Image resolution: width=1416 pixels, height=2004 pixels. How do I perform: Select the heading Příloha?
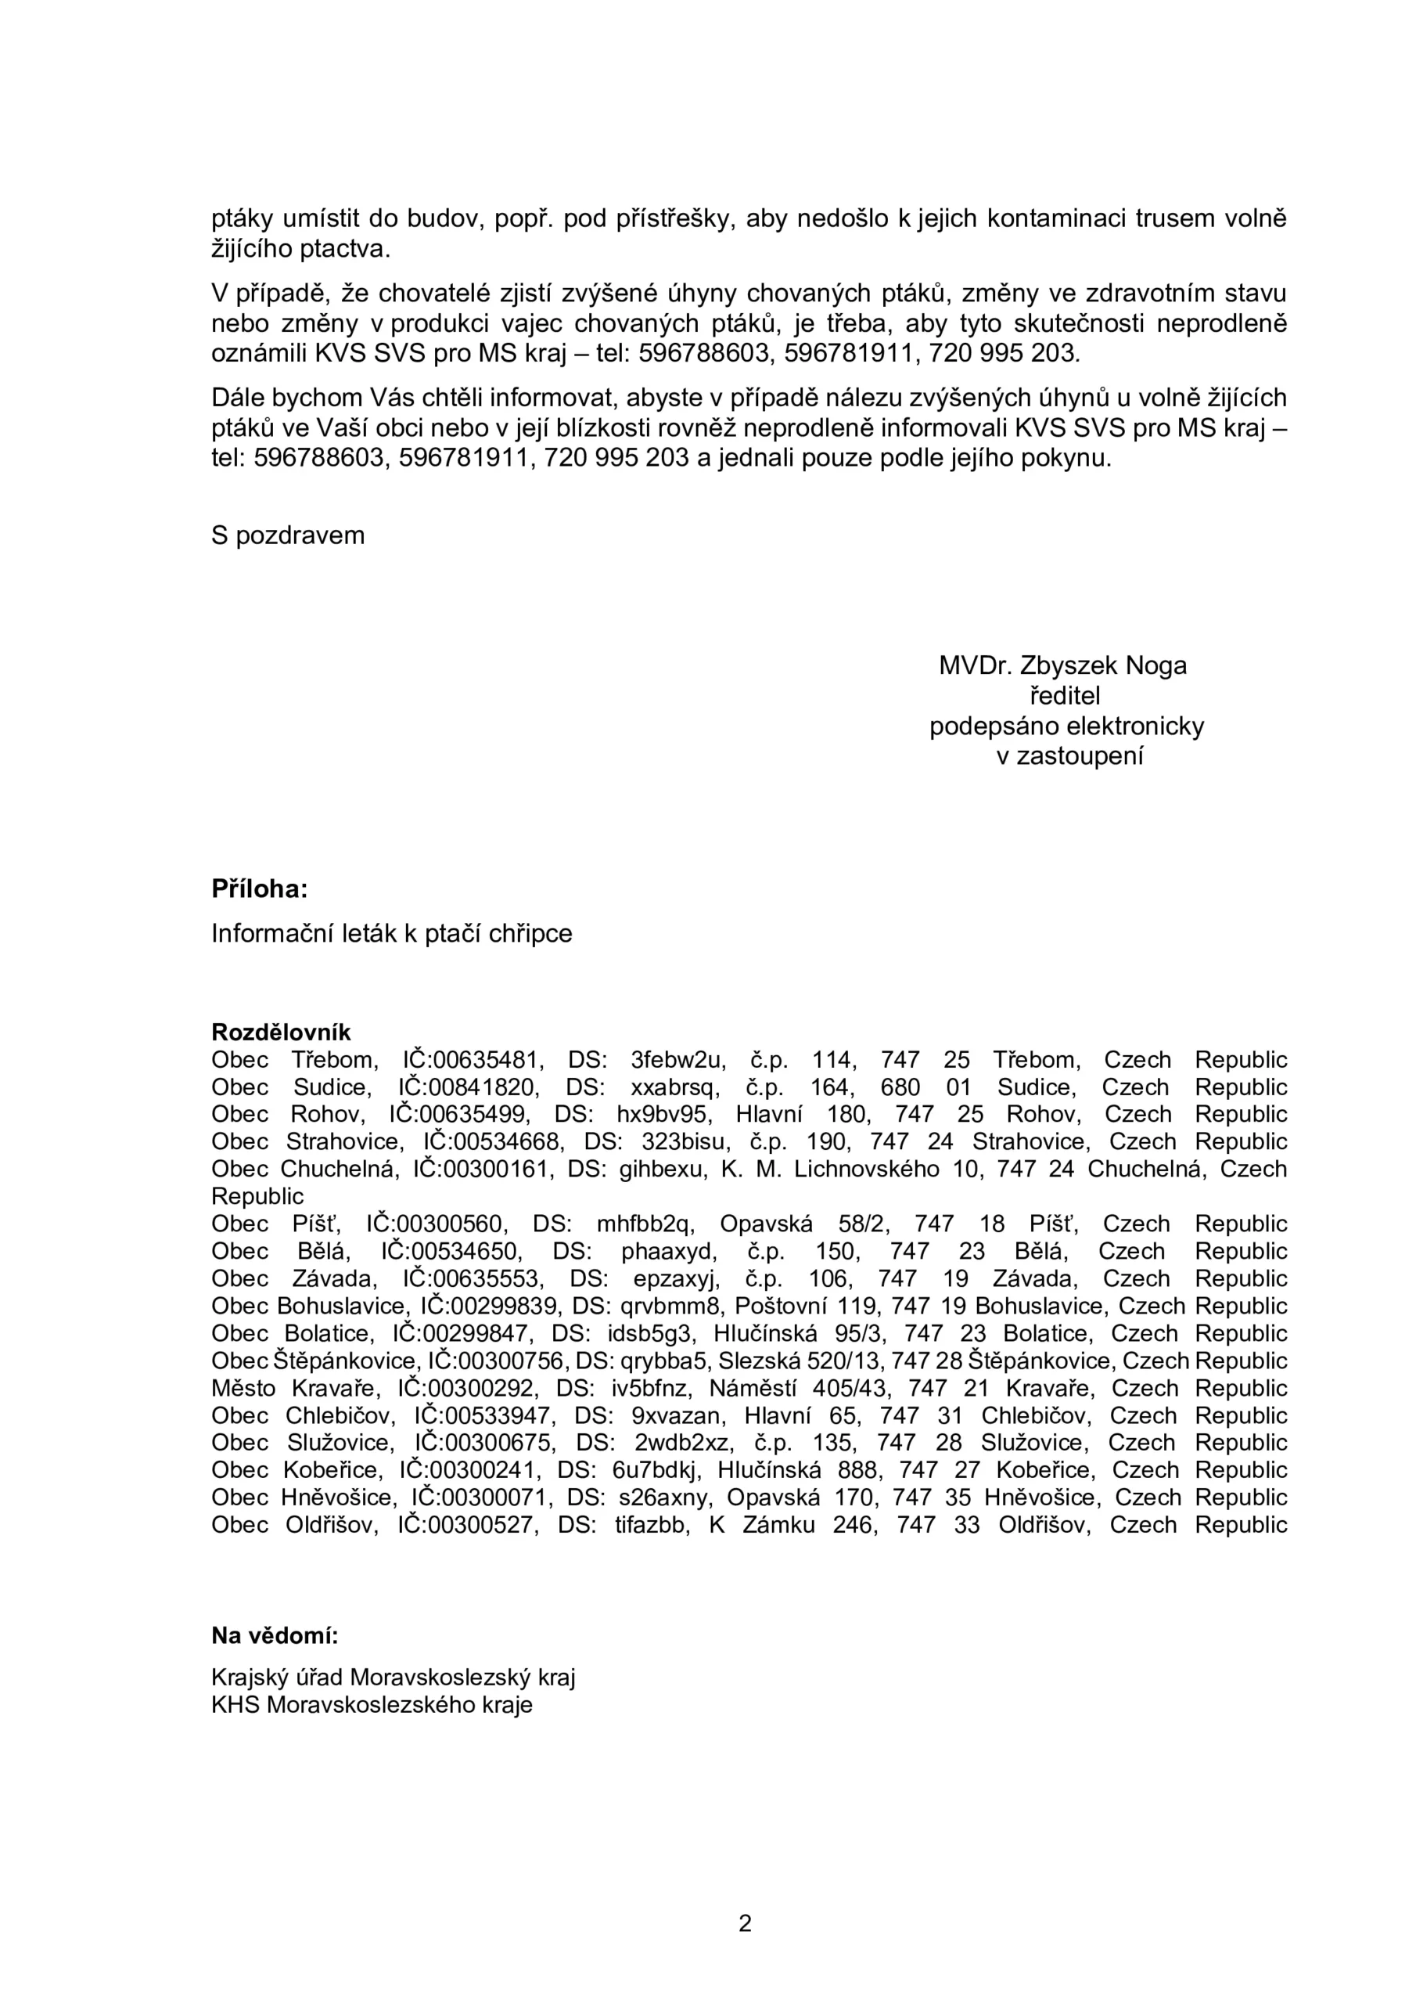coord(259,889)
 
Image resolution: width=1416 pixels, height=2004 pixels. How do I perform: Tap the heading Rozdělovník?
coord(281,1033)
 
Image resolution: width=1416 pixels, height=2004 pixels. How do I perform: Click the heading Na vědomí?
coord(274,1635)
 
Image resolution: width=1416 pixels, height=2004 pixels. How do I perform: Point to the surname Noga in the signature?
coord(1156,666)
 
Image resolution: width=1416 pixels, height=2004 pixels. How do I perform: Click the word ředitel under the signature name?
coord(1066,696)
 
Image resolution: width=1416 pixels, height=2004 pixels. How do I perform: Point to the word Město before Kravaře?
coord(243,1389)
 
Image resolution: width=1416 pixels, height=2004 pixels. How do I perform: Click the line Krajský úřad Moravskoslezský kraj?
coord(393,1678)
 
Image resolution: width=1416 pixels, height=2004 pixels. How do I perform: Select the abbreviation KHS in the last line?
coord(235,1705)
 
